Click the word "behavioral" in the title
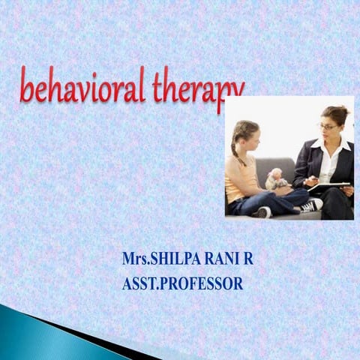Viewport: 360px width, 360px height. (82, 88)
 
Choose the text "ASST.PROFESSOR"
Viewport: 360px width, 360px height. (182, 284)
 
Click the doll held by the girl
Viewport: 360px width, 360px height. (277, 178)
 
